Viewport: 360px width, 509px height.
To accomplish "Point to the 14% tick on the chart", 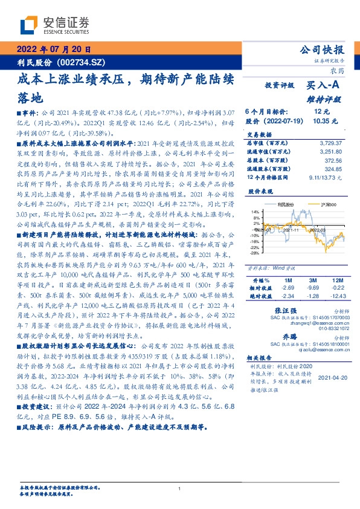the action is click(255, 212).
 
